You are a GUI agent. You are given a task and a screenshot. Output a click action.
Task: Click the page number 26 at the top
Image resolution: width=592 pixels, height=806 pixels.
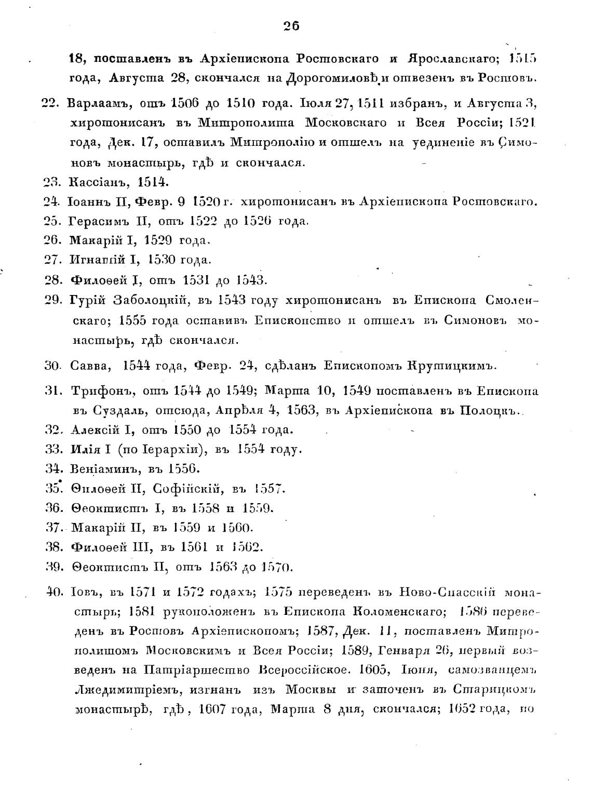pyautogui.click(x=292, y=26)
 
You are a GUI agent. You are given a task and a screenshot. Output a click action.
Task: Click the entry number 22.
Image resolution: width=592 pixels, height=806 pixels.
pyautogui.click(x=51, y=103)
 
